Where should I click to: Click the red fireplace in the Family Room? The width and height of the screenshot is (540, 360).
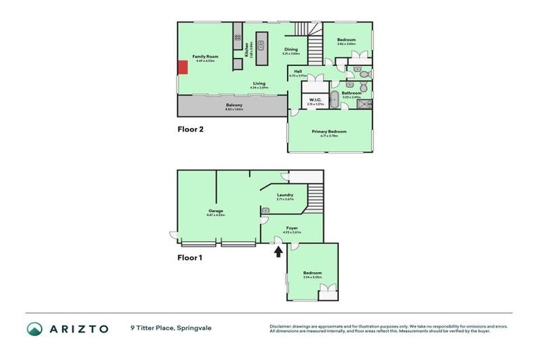tap(182, 67)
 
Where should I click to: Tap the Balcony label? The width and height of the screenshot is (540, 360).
tap(233, 105)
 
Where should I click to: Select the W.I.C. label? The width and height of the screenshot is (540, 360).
tap(314, 100)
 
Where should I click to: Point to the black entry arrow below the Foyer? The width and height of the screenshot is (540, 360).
tap(278, 251)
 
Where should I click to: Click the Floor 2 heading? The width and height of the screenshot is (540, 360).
tap(189, 129)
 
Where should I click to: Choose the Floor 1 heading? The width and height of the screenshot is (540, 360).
tap(189, 257)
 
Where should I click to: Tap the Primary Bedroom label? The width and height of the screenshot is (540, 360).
tap(329, 131)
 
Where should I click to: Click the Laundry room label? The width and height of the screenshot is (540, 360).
tap(285, 195)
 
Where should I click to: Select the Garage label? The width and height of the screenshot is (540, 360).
tap(215, 211)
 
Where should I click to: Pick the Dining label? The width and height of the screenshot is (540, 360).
tap(290, 49)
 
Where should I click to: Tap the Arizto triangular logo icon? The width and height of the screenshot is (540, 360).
tap(34, 328)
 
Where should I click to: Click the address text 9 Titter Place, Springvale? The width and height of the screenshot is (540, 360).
tap(171, 328)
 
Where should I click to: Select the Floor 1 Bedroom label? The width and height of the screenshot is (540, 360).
tap(312, 273)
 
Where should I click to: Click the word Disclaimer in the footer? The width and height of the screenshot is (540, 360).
tap(281, 326)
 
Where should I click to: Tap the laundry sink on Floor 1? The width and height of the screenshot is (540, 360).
tap(266, 210)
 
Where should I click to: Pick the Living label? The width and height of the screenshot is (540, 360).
tap(259, 84)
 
